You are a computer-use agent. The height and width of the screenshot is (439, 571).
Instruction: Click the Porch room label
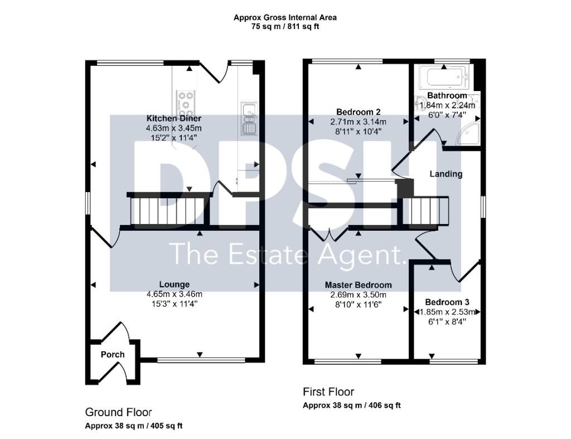click(113, 355)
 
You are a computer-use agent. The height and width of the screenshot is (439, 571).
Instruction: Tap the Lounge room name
click(175, 284)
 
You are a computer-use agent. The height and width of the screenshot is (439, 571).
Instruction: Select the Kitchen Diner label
click(174, 118)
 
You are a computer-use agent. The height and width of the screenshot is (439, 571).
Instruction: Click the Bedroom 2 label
click(359, 112)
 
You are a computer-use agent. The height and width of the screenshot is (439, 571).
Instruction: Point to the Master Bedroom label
click(359, 285)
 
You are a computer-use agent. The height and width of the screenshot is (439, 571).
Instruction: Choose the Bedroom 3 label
click(447, 302)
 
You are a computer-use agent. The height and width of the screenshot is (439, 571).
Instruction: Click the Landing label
click(446, 174)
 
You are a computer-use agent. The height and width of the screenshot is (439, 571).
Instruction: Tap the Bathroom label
click(447, 96)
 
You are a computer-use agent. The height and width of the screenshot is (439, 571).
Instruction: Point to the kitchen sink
click(249, 118)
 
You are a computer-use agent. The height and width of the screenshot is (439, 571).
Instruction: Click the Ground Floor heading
click(118, 412)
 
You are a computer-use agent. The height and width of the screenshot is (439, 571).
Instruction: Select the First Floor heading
click(328, 392)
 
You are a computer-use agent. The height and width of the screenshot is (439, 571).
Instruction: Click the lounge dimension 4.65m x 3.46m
click(175, 294)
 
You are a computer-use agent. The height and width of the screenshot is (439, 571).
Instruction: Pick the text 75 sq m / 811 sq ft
click(285, 27)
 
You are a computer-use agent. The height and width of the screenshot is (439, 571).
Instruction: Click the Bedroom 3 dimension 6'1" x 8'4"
click(447, 322)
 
